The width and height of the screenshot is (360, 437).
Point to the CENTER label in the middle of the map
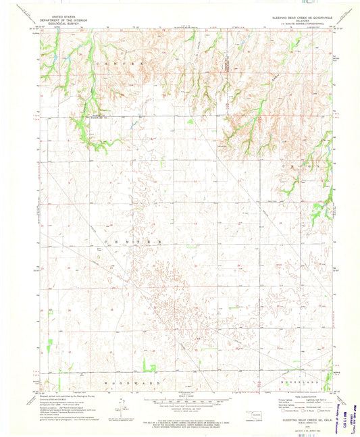tap(132, 240)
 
